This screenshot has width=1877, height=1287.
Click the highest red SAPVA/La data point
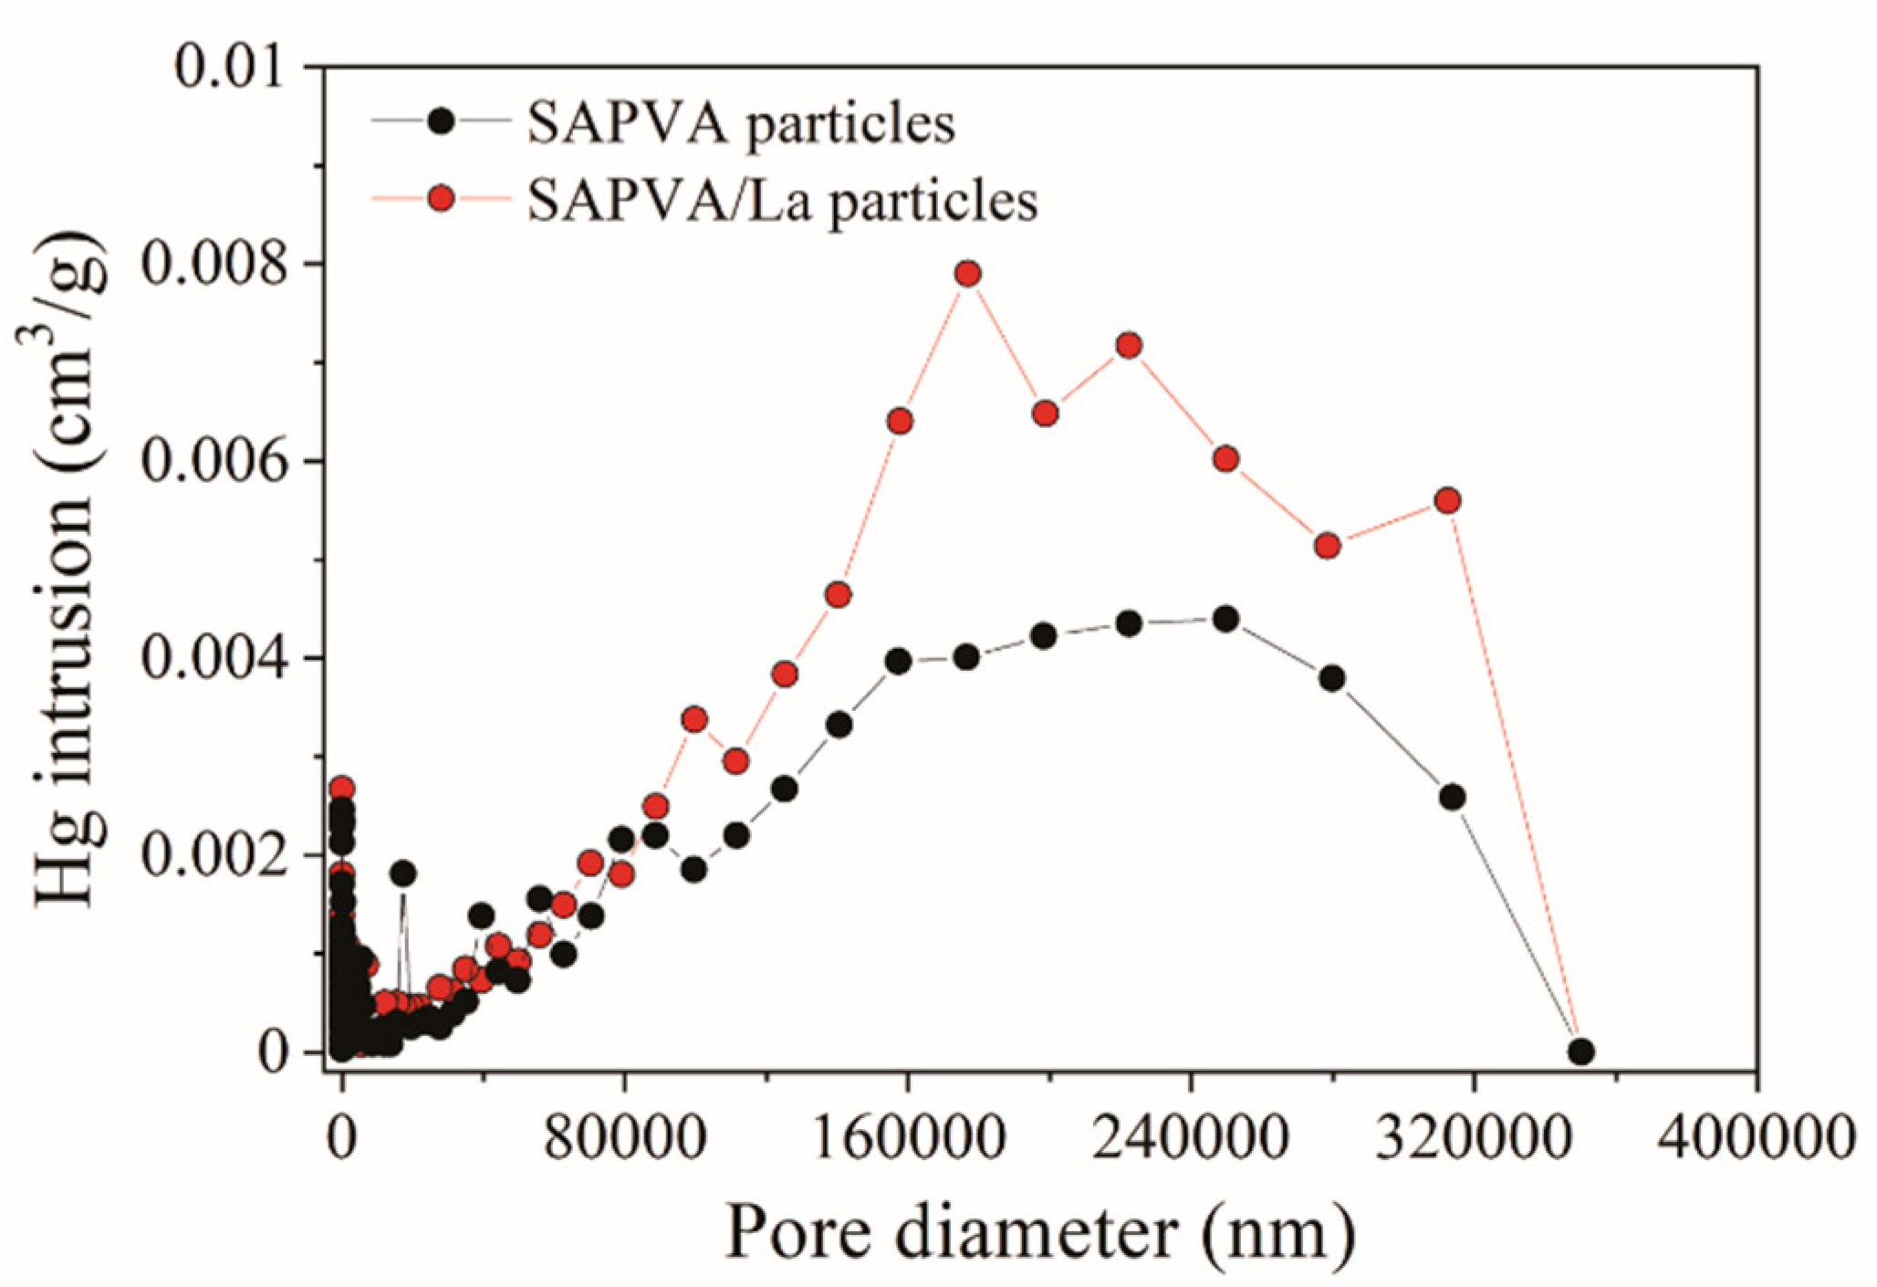[968, 274]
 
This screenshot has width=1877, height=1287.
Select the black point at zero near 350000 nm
[1581, 1052]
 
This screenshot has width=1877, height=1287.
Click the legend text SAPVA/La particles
[782, 199]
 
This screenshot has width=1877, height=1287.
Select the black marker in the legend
[442, 121]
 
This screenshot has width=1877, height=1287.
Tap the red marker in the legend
[442, 198]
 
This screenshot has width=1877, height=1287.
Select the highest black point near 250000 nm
[1226, 620]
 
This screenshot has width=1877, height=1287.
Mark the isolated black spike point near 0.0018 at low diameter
[402, 874]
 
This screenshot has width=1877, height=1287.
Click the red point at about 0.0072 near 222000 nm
[1129, 345]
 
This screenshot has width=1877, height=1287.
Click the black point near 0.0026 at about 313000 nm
[1452, 797]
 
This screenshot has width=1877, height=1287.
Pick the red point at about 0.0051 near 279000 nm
[1328, 546]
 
